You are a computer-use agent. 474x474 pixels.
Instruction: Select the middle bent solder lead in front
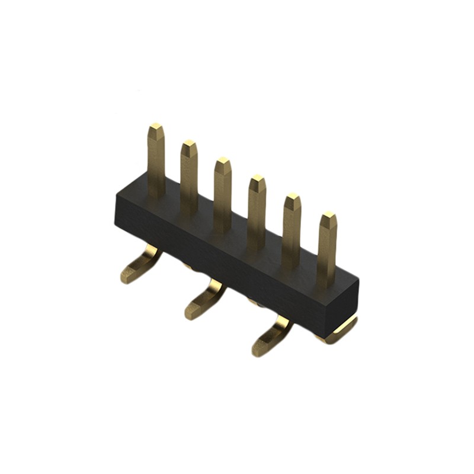pos(204,300)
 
